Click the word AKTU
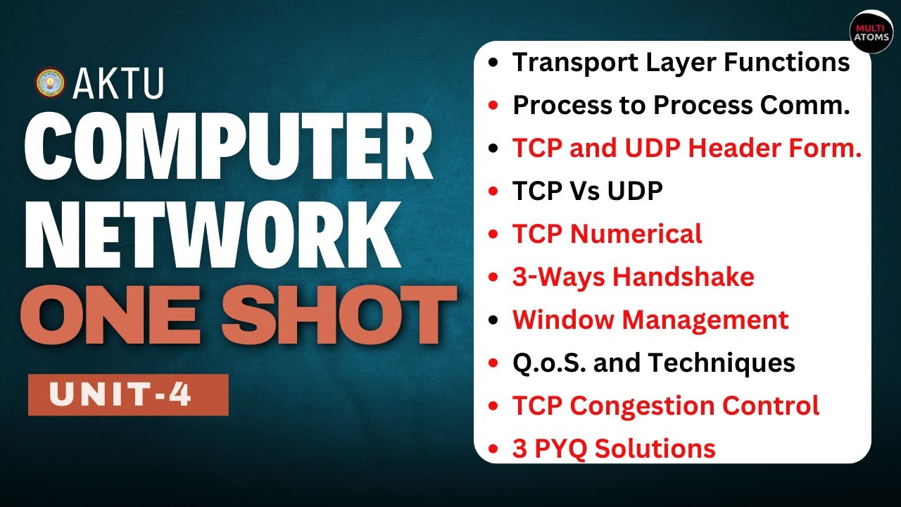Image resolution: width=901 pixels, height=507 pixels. pyautogui.click(x=118, y=84)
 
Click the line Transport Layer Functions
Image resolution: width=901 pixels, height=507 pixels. pyautogui.click(x=681, y=63)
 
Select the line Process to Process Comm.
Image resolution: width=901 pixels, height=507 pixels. pyautogui.click(x=681, y=106)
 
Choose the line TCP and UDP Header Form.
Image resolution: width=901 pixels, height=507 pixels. pyautogui.click(x=687, y=149)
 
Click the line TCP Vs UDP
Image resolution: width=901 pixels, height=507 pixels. pyautogui.click(x=588, y=192)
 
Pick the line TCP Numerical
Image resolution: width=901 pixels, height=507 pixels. pyautogui.click(x=607, y=234)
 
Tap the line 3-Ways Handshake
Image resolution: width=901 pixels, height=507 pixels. pyautogui.click(x=633, y=277)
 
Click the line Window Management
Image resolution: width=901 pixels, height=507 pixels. pyautogui.click(x=650, y=320)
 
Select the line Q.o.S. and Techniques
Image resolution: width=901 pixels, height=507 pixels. pyautogui.click(x=653, y=363)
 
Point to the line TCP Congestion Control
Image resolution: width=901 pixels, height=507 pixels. pyautogui.click(x=665, y=406)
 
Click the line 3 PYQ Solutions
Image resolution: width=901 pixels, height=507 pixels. pyautogui.click(x=614, y=449)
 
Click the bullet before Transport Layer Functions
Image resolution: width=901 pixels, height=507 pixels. pyautogui.click(x=494, y=63)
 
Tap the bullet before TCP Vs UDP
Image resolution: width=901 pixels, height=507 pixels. pyautogui.click(x=494, y=192)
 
